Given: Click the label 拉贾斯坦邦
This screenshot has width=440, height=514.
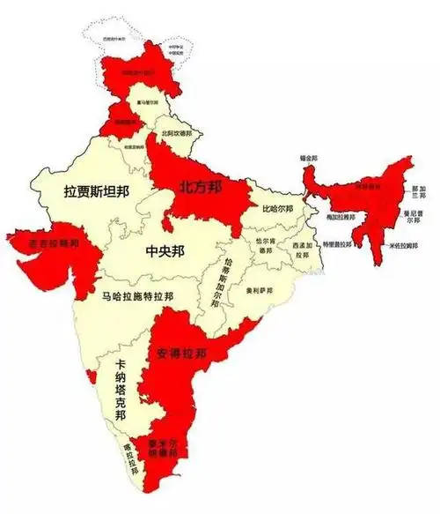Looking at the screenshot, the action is click(96, 190).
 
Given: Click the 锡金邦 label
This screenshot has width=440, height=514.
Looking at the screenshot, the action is click(308, 158).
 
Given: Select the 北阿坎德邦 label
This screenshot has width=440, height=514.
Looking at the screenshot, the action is click(177, 133).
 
